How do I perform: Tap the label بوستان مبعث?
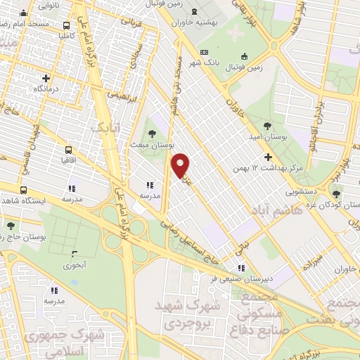click(153, 144)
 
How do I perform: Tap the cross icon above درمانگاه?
click(46, 78)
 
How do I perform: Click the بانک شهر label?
click(199, 63)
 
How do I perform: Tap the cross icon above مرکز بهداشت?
click(267, 157)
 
